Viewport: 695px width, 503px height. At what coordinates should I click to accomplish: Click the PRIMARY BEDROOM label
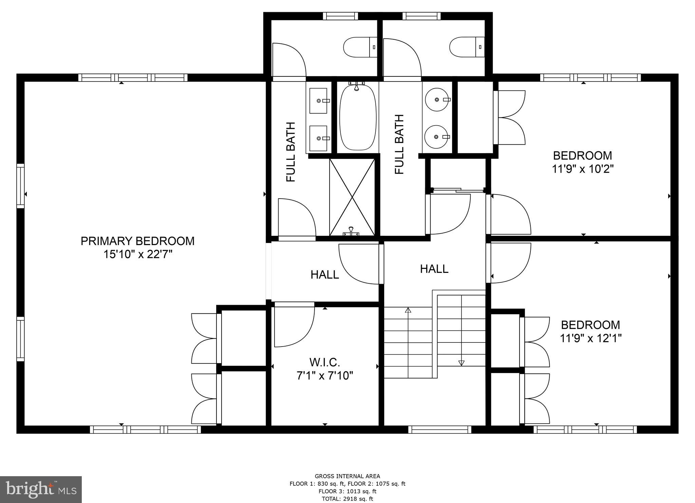pyautogui.click(x=137, y=241)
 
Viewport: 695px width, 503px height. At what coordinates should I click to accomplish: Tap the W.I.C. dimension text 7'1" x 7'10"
pyautogui.click(x=325, y=376)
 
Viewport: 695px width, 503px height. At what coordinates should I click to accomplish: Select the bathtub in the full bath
pyautogui.click(x=358, y=117)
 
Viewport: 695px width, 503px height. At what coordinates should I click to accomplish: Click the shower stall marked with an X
pyautogui.click(x=352, y=197)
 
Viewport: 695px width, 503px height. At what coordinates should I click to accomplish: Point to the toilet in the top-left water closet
pyautogui.click(x=360, y=47)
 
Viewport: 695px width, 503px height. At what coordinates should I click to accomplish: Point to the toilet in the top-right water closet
pyautogui.click(x=466, y=47)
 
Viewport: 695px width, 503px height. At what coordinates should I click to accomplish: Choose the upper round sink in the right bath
pyautogui.click(x=437, y=99)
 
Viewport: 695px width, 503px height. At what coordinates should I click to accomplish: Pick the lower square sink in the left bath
pyautogui.click(x=318, y=138)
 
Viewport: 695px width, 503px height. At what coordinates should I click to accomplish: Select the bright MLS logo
pyautogui.click(x=41, y=489)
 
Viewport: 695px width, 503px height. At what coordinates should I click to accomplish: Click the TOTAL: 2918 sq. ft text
pyautogui.click(x=347, y=499)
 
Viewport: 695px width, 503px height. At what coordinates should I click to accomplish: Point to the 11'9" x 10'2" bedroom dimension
pyautogui.click(x=583, y=169)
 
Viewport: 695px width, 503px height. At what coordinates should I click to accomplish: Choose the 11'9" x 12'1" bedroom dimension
pyautogui.click(x=590, y=338)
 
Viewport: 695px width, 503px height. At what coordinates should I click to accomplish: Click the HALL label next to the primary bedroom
pyautogui.click(x=325, y=275)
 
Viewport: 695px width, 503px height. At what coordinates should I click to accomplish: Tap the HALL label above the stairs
pyautogui.click(x=434, y=269)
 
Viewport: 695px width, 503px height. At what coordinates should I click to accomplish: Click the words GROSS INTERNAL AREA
pyautogui.click(x=347, y=476)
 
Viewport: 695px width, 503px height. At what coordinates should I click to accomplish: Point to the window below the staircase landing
pyautogui.click(x=440, y=430)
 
